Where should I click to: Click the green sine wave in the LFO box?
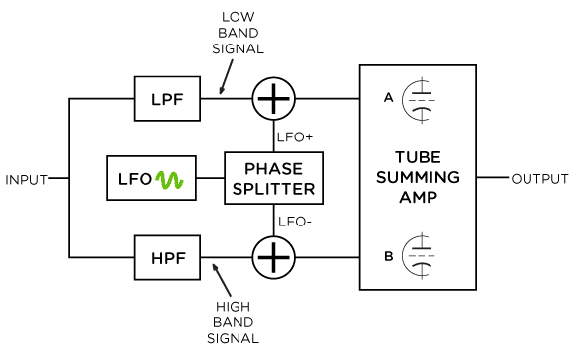[167, 180]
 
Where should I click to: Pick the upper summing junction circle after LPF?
[273, 98]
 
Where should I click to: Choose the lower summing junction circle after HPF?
[273, 258]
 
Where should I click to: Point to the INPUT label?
[27, 179]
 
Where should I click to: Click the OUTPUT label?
[539, 179]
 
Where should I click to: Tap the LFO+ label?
[296, 136]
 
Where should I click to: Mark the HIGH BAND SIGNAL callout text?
[238, 322]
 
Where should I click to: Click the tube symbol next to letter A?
[422, 99]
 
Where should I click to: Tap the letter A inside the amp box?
[387, 98]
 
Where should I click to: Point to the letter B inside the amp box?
[387, 256]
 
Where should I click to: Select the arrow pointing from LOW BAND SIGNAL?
[227, 73]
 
